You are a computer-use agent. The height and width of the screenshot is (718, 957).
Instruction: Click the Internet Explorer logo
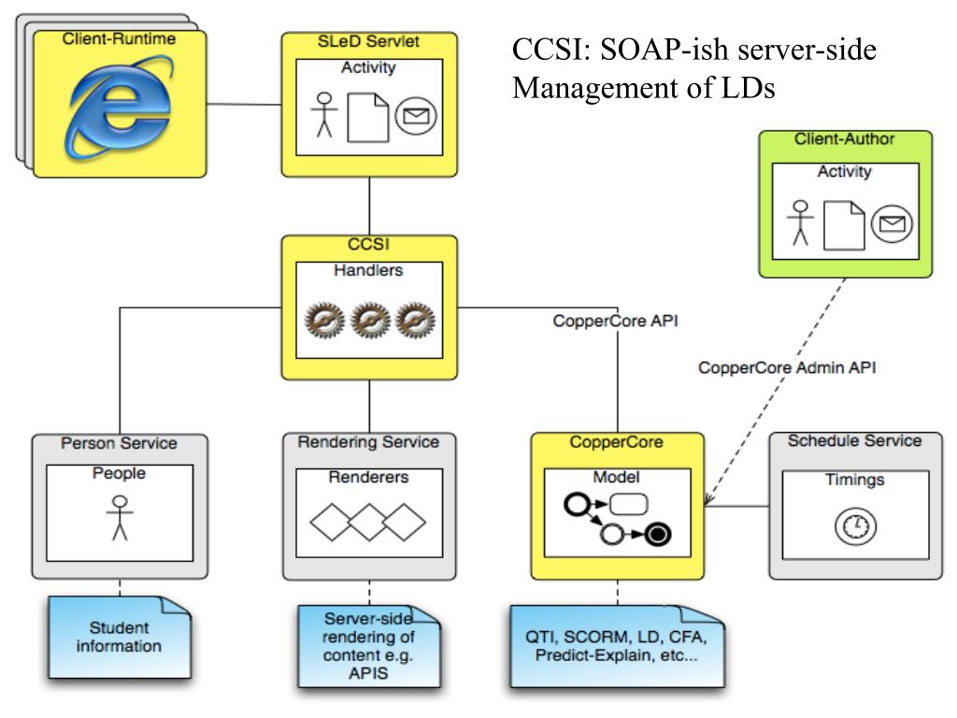point(119,107)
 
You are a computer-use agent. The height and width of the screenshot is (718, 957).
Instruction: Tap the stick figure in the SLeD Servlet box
point(324,115)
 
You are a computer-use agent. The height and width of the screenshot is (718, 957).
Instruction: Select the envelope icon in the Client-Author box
point(892,224)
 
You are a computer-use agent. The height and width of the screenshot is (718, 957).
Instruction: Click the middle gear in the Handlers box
point(370,320)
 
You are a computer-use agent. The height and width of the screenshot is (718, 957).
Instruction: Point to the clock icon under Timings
point(855,526)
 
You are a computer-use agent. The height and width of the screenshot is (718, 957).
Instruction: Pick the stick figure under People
point(120,518)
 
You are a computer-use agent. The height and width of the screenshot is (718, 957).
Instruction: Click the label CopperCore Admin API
point(787,367)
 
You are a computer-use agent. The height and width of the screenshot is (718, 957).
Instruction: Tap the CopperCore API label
point(615,322)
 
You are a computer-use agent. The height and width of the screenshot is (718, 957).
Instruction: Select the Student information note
point(120,638)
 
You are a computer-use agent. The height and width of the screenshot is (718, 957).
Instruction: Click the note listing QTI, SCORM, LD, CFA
point(617,647)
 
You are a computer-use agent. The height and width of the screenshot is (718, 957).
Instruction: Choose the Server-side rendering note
point(368,647)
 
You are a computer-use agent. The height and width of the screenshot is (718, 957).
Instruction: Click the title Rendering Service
point(368,442)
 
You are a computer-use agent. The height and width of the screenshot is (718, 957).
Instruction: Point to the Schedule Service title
point(854,441)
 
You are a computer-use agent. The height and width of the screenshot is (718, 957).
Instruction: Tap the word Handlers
point(368,270)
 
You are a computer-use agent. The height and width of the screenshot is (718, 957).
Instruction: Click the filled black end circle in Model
point(657,534)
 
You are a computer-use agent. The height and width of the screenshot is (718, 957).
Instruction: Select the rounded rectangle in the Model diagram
point(629,504)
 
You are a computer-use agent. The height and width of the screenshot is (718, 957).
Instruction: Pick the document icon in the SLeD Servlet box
point(368,117)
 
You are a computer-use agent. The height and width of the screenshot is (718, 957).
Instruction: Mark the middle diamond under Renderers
point(368,522)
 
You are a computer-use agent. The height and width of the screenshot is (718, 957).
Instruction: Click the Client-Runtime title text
point(119,39)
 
